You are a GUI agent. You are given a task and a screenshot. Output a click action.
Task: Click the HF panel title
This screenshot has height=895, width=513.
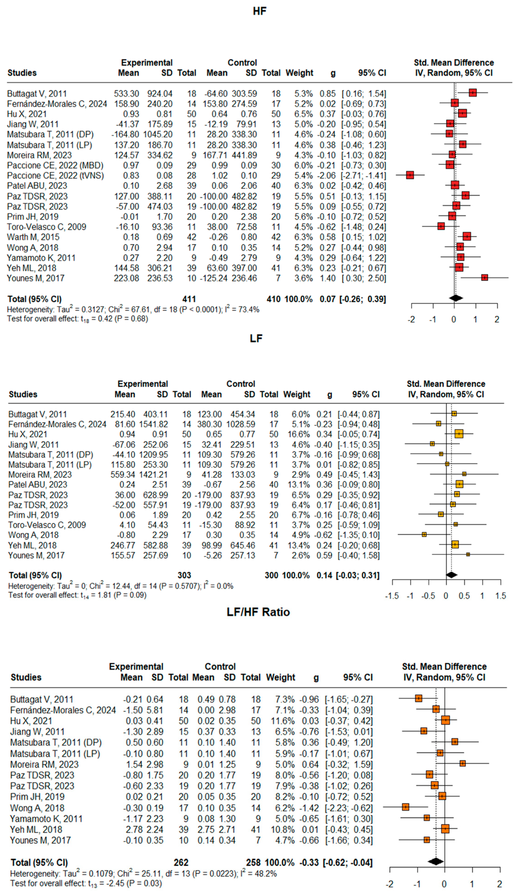(260, 11)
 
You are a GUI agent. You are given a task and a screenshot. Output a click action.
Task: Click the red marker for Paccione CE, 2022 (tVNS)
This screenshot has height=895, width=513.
(410, 175)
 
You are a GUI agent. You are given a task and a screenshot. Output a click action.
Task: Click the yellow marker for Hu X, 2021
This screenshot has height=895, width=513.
(458, 434)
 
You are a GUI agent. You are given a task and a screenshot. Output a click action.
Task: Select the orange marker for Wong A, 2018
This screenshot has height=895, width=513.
(405, 807)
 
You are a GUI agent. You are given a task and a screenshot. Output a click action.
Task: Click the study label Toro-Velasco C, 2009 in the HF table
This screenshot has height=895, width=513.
(47, 227)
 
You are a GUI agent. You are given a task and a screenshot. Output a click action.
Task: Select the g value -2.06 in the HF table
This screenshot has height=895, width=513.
(327, 175)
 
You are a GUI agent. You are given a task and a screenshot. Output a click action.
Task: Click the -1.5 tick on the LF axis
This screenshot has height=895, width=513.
(392, 596)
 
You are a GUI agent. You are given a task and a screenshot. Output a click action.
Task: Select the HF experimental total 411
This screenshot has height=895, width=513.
(189, 299)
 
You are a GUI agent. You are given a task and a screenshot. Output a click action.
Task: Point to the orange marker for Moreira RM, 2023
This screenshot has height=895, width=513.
(462, 764)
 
